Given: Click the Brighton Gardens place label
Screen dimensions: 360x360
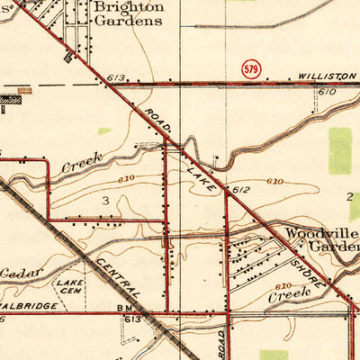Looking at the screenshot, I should (129, 13).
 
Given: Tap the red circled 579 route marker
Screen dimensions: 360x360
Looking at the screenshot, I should (252, 69).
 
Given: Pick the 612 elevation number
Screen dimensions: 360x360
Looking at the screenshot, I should (239, 191).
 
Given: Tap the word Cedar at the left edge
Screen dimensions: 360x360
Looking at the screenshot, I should (18, 273).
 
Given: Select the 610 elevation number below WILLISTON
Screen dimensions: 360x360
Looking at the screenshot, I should (326, 92).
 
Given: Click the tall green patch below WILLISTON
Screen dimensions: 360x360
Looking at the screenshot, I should (339, 151).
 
